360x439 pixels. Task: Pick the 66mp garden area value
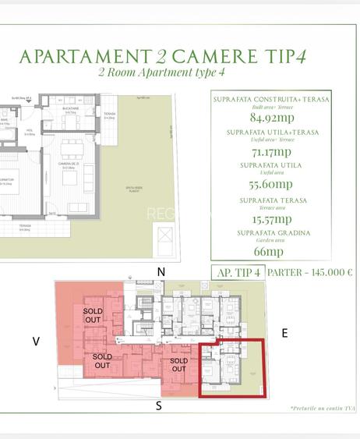click(x=268, y=252)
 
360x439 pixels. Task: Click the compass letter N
click(x=161, y=271)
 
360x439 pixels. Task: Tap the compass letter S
click(x=159, y=405)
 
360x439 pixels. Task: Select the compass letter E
click(x=284, y=333)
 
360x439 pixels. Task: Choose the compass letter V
click(x=35, y=340)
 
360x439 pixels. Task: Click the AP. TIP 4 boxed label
click(x=235, y=273)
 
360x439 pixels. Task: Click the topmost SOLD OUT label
click(x=93, y=315)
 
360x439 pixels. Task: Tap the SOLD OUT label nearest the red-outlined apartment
click(x=179, y=366)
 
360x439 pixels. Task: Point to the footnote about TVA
click(x=321, y=408)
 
